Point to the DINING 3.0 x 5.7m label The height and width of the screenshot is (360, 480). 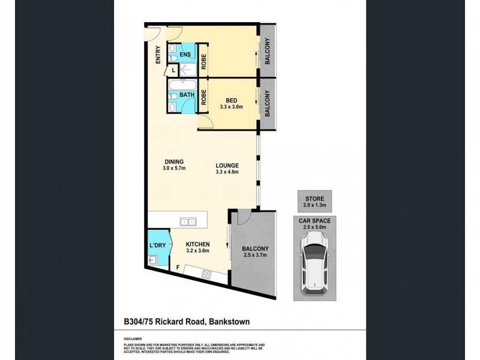pyautogui.click(x=173, y=164)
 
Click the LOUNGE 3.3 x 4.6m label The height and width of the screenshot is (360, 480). pyautogui.click(x=228, y=169)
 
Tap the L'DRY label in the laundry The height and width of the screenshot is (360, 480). pyautogui.click(x=157, y=246)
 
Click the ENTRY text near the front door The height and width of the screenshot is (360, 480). pyautogui.click(x=158, y=55)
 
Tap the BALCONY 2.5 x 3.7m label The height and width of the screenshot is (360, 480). pyautogui.click(x=255, y=253)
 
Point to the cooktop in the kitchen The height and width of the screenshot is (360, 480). pyautogui.click(x=207, y=274)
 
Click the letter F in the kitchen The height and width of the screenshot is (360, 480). pyautogui.click(x=178, y=267)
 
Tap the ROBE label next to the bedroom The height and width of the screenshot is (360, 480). pyautogui.click(x=204, y=97)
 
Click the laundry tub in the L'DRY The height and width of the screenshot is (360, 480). pyautogui.click(x=152, y=260)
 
